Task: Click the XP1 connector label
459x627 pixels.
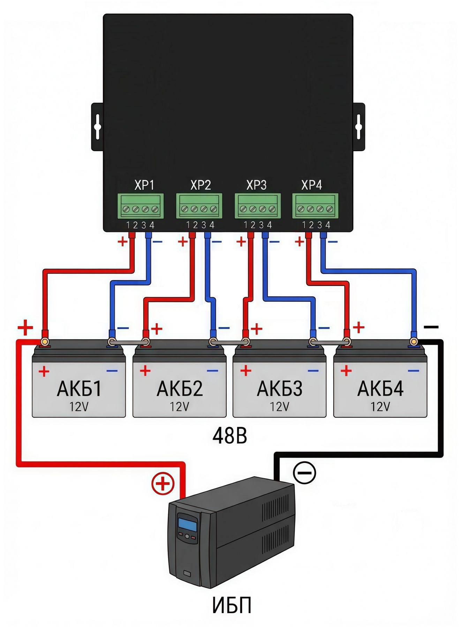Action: tap(144, 185)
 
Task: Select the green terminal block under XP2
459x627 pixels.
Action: tap(199, 206)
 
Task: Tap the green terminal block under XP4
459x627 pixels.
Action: tap(315, 206)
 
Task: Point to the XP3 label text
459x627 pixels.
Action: tap(256, 185)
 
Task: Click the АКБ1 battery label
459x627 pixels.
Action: tap(79, 389)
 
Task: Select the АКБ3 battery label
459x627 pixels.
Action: tap(280, 389)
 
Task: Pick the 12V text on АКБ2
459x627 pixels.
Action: tap(179, 407)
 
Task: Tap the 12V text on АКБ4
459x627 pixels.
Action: tap(380, 407)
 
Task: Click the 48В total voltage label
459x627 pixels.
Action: tap(230, 436)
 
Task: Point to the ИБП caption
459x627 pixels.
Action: tap(232, 605)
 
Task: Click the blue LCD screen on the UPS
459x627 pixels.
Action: tap(188, 524)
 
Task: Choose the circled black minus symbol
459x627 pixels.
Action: tap(304, 473)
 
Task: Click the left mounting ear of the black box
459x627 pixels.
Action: tap(97, 127)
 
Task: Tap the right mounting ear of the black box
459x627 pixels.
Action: tap(359, 127)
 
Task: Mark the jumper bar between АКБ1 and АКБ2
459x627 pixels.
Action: tap(129, 343)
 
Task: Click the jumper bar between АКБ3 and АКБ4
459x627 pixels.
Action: tap(330, 343)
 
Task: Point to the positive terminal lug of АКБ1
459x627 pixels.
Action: tap(45, 342)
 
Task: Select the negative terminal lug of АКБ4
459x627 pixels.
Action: tap(414, 342)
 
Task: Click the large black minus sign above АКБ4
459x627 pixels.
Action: tap(431, 327)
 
